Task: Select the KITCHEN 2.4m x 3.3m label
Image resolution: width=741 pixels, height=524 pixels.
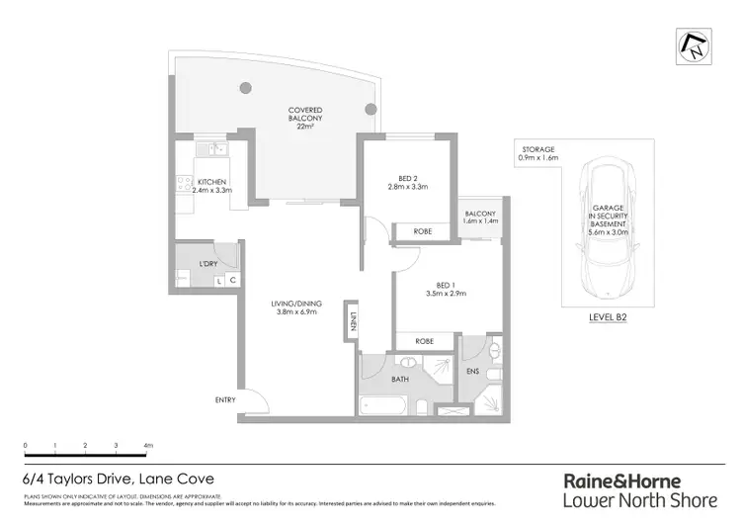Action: [214, 186]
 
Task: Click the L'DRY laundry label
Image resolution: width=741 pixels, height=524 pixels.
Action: [208, 264]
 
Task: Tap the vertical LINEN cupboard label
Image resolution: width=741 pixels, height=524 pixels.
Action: [352, 323]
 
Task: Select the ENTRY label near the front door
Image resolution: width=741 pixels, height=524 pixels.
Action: [226, 400]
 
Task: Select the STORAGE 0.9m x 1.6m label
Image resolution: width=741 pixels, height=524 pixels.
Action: [539, 153]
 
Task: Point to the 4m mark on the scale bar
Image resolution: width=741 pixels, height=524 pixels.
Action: [148, 447]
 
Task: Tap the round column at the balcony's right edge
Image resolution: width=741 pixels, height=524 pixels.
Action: [370, 109]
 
